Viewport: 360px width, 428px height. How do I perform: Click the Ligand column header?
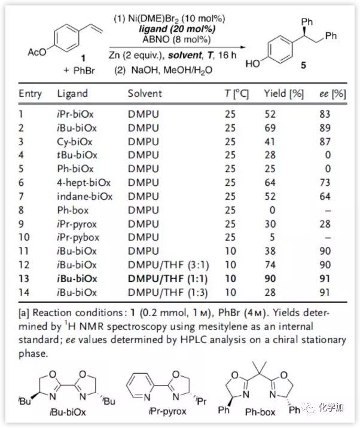[x=72, y=94]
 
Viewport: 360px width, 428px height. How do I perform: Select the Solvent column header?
[x=145, y=94]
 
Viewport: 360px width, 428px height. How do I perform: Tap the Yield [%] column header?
[x=284, y=94]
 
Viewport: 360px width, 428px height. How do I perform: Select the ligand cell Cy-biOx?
[x=76, y=142]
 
